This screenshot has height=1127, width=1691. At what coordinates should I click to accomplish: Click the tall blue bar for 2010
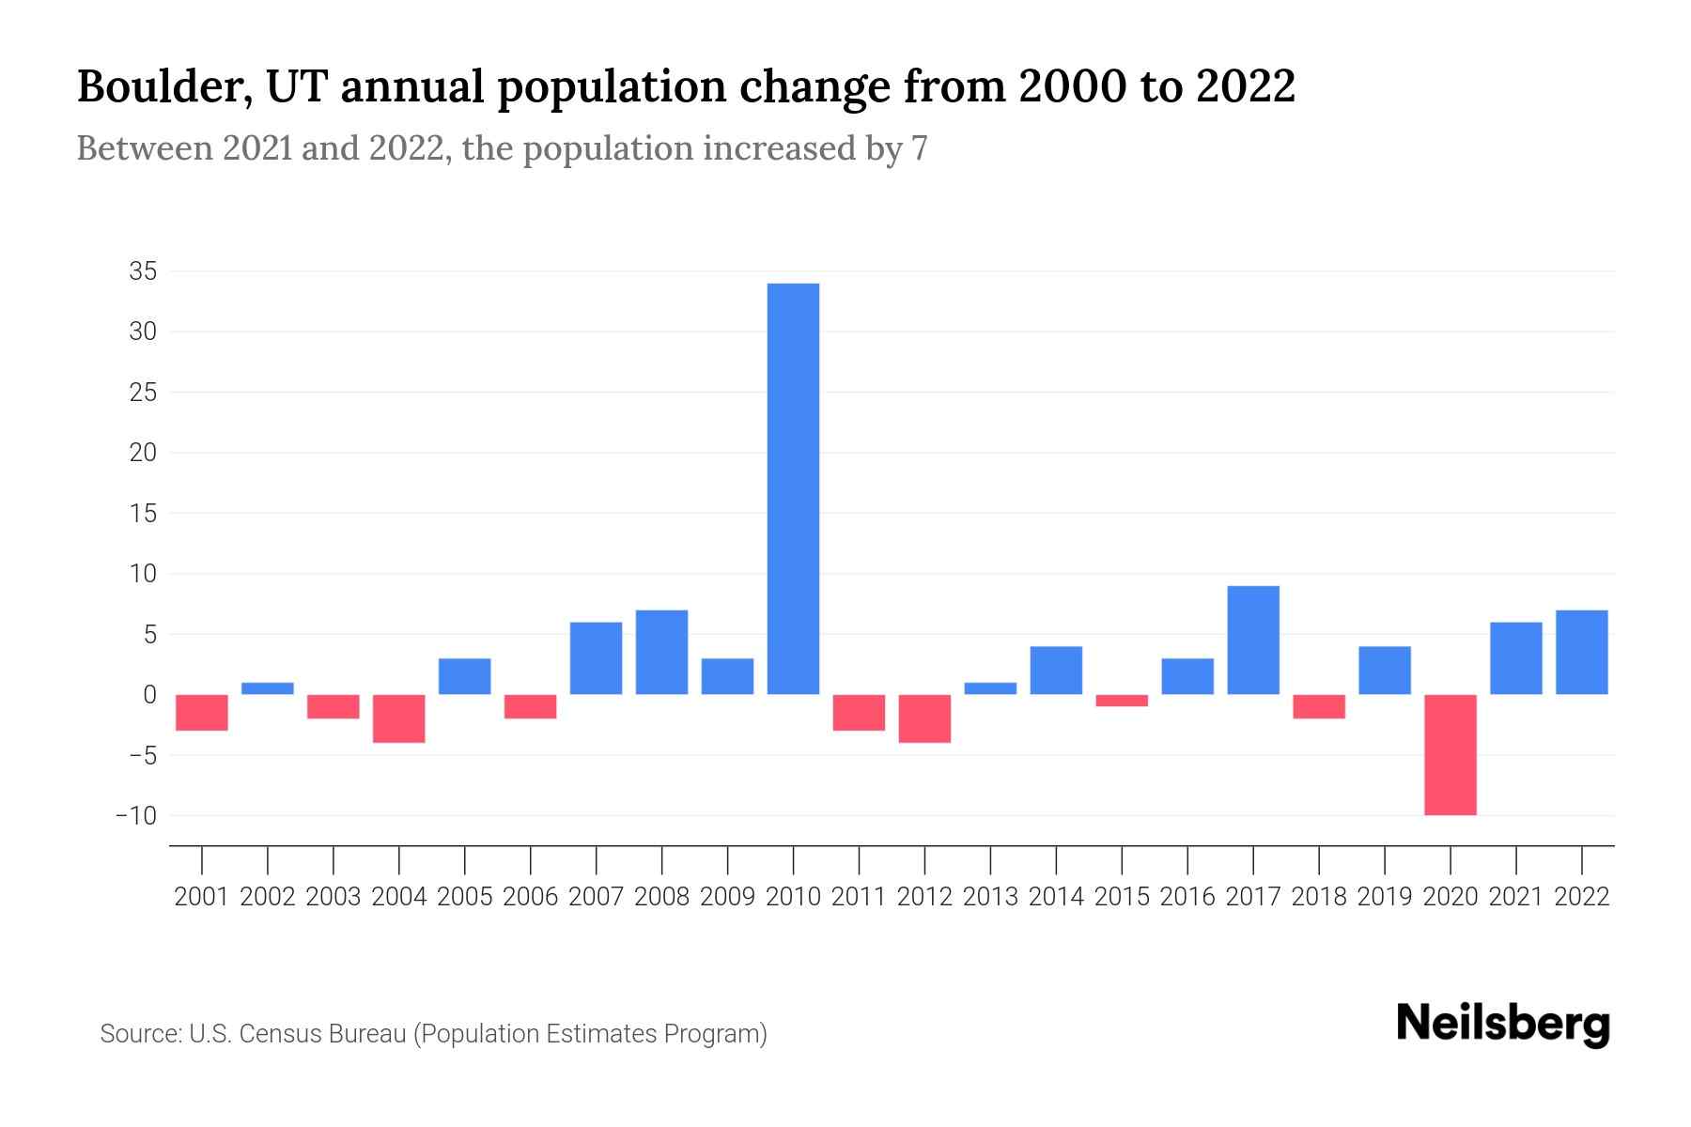coord(793,488)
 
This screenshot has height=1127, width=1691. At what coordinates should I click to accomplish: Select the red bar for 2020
coord(1451,754)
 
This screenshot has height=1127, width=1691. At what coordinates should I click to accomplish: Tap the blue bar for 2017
coord(1253,640)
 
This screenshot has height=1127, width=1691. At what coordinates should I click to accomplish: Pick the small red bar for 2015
coord(1122,701)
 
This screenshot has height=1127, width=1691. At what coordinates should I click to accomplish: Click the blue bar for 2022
coord(1582,652)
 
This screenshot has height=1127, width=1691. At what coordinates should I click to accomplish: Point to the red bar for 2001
coord(202,712)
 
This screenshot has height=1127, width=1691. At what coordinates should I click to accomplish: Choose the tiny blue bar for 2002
coord(268,688)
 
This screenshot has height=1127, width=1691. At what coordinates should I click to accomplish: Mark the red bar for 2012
coord(924,718)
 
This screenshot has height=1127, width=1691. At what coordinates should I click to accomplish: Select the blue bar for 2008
coord(661,652)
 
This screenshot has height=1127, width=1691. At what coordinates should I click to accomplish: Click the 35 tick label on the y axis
coord(143,272)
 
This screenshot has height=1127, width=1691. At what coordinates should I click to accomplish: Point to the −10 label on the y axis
coord(136,815)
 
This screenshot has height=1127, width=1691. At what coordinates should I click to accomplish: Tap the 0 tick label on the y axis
coord(149,695)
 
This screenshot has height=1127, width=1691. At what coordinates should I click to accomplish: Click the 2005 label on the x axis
coord(464,897)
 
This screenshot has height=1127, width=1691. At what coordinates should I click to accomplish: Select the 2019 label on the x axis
coord(1385,897)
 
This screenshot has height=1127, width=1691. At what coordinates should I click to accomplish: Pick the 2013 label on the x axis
coord(990,897)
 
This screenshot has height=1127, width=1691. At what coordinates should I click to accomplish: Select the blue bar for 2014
coord(1056,670)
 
